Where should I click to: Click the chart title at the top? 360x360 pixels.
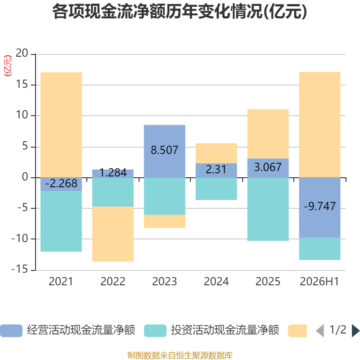tap(180, 12)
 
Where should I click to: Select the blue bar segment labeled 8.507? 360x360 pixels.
tap(165, 151)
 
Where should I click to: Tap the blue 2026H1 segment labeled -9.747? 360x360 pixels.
tap(319, 207)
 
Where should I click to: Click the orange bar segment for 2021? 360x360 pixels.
tap(61, 125)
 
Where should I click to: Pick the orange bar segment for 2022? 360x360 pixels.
tap(113, 234)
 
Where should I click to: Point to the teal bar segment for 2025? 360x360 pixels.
tap(268, 209)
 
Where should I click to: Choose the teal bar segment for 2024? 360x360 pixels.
tap(216, 189)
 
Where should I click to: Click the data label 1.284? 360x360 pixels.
tap(113, 173)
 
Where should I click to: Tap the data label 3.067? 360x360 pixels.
tap(268, 167)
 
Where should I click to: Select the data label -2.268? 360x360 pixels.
tap(61, 184)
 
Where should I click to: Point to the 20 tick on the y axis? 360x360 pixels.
tap(22, 53)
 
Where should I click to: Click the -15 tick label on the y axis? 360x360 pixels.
tap(20, 269)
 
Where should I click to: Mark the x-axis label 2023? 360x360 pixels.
tap(165, 282)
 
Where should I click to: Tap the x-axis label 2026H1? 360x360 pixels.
tap(319, 282)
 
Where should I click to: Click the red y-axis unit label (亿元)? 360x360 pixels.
tap(8, 66)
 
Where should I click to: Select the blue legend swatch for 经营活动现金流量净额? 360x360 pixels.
tap(11, 331)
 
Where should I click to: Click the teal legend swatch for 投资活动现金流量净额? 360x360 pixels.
tap(155, 331)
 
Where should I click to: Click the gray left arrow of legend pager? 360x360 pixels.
tap(320, 331)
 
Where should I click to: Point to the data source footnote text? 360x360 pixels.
tap(180, 355)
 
